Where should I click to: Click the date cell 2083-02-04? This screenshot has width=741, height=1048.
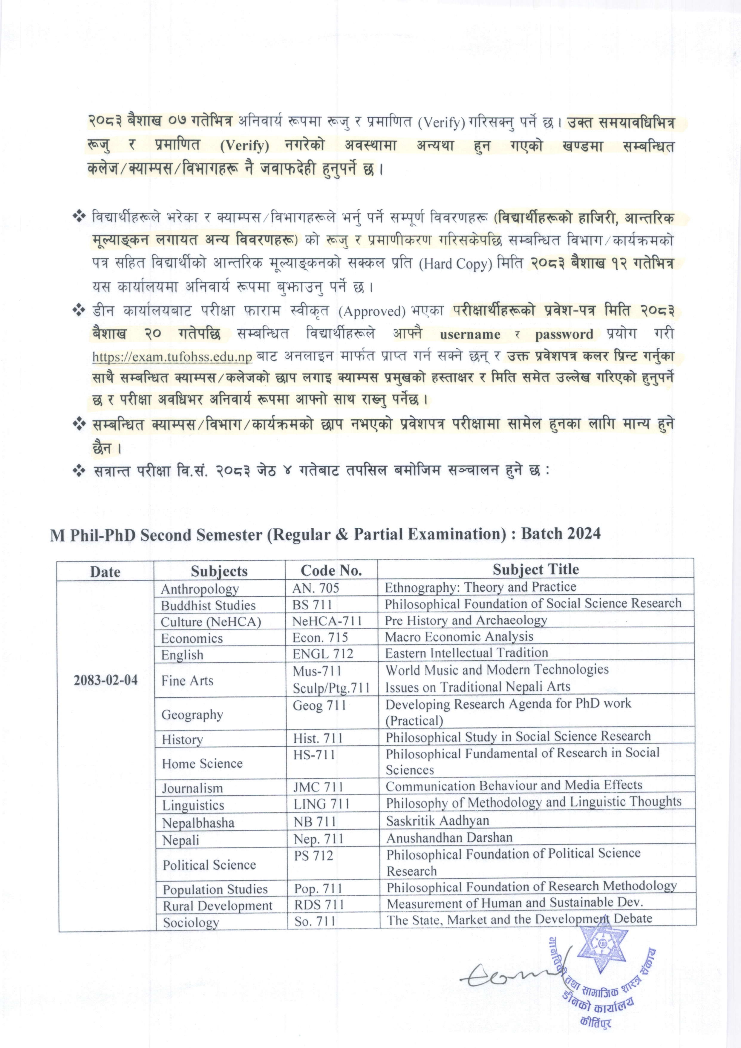click(105, 680)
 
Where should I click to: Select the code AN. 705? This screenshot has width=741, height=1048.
click(316, 588)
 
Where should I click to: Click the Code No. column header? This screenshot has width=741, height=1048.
click(331, 570)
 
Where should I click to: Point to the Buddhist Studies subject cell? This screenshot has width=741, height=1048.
click(208, 605)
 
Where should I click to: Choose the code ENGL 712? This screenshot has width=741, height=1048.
click(323, 654)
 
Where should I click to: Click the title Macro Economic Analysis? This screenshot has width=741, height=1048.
click(459, 637)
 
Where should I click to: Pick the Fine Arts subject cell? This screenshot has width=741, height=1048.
click(187, 681)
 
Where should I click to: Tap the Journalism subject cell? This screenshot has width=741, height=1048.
click(192, 788)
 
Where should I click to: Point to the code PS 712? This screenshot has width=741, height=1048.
click(314, 855)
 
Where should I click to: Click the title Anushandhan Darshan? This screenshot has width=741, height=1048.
click(449, 837)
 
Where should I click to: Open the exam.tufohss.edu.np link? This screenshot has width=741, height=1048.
click(172, 357)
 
